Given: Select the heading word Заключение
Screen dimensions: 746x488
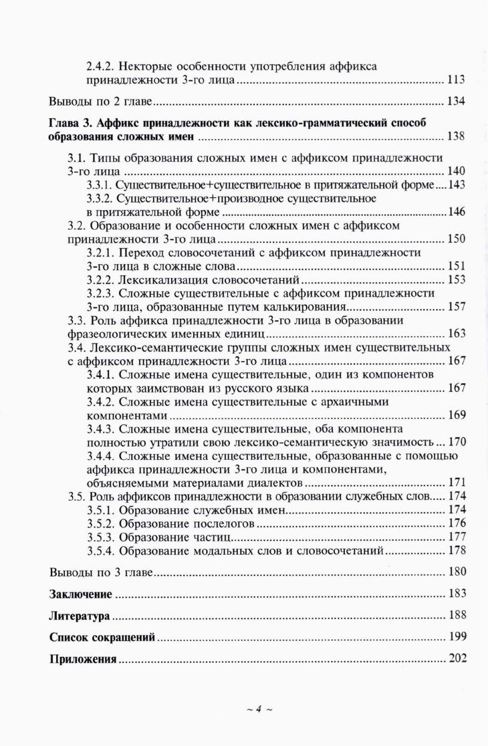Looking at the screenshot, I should click(x=80, y=594).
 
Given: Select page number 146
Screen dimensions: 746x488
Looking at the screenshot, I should click(x=457, y=213).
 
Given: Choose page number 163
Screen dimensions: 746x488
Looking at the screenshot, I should click(x=456, y=334).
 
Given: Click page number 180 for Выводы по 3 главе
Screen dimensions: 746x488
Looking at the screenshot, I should click(x=457, y=572).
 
